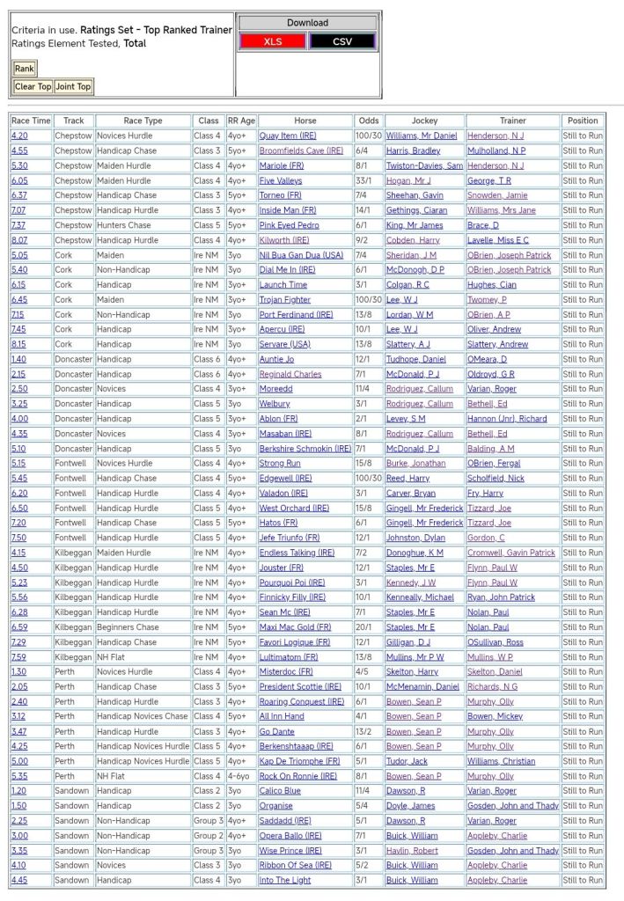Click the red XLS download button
tap(273, 41)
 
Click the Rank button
tap(24, 69)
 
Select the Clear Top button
tap(33, 86)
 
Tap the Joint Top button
tap(73, 86)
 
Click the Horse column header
tap(305, 121)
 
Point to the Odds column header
tap(369, 121)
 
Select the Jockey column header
tap(424, 121)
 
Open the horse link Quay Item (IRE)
tap(288, 136)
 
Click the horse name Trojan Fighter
tap(285, 299)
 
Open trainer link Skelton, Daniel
tap(495, 671)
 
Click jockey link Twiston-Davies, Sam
tap(424, 165)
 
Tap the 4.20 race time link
tap(19, 136)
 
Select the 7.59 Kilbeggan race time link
tap(19, 656)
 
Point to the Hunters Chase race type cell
tap(124, 225)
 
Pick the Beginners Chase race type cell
tap(128, 627)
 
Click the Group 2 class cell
tap(209, 835)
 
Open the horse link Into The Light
tap(284, 880)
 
